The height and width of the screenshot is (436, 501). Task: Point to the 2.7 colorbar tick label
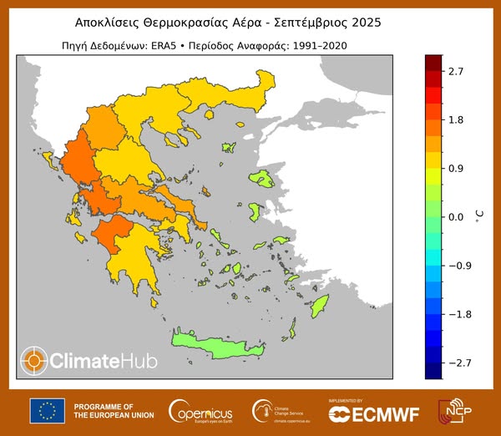[x=455, y=72]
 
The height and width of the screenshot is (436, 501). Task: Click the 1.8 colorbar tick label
[x=455, y=120]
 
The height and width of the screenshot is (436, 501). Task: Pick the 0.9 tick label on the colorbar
[x=455, y=169]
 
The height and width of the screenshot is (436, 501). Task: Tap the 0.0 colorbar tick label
[x=455, y=217]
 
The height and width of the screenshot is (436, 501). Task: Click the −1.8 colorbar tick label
[x=453, y=314]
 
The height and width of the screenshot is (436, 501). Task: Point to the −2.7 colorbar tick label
[x=453, y=362]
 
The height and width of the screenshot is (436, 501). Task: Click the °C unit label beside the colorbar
[x=479, y=217]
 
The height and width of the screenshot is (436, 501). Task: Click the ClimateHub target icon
[x=34, y=360]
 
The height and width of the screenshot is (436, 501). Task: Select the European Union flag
[x=48, y=410]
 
